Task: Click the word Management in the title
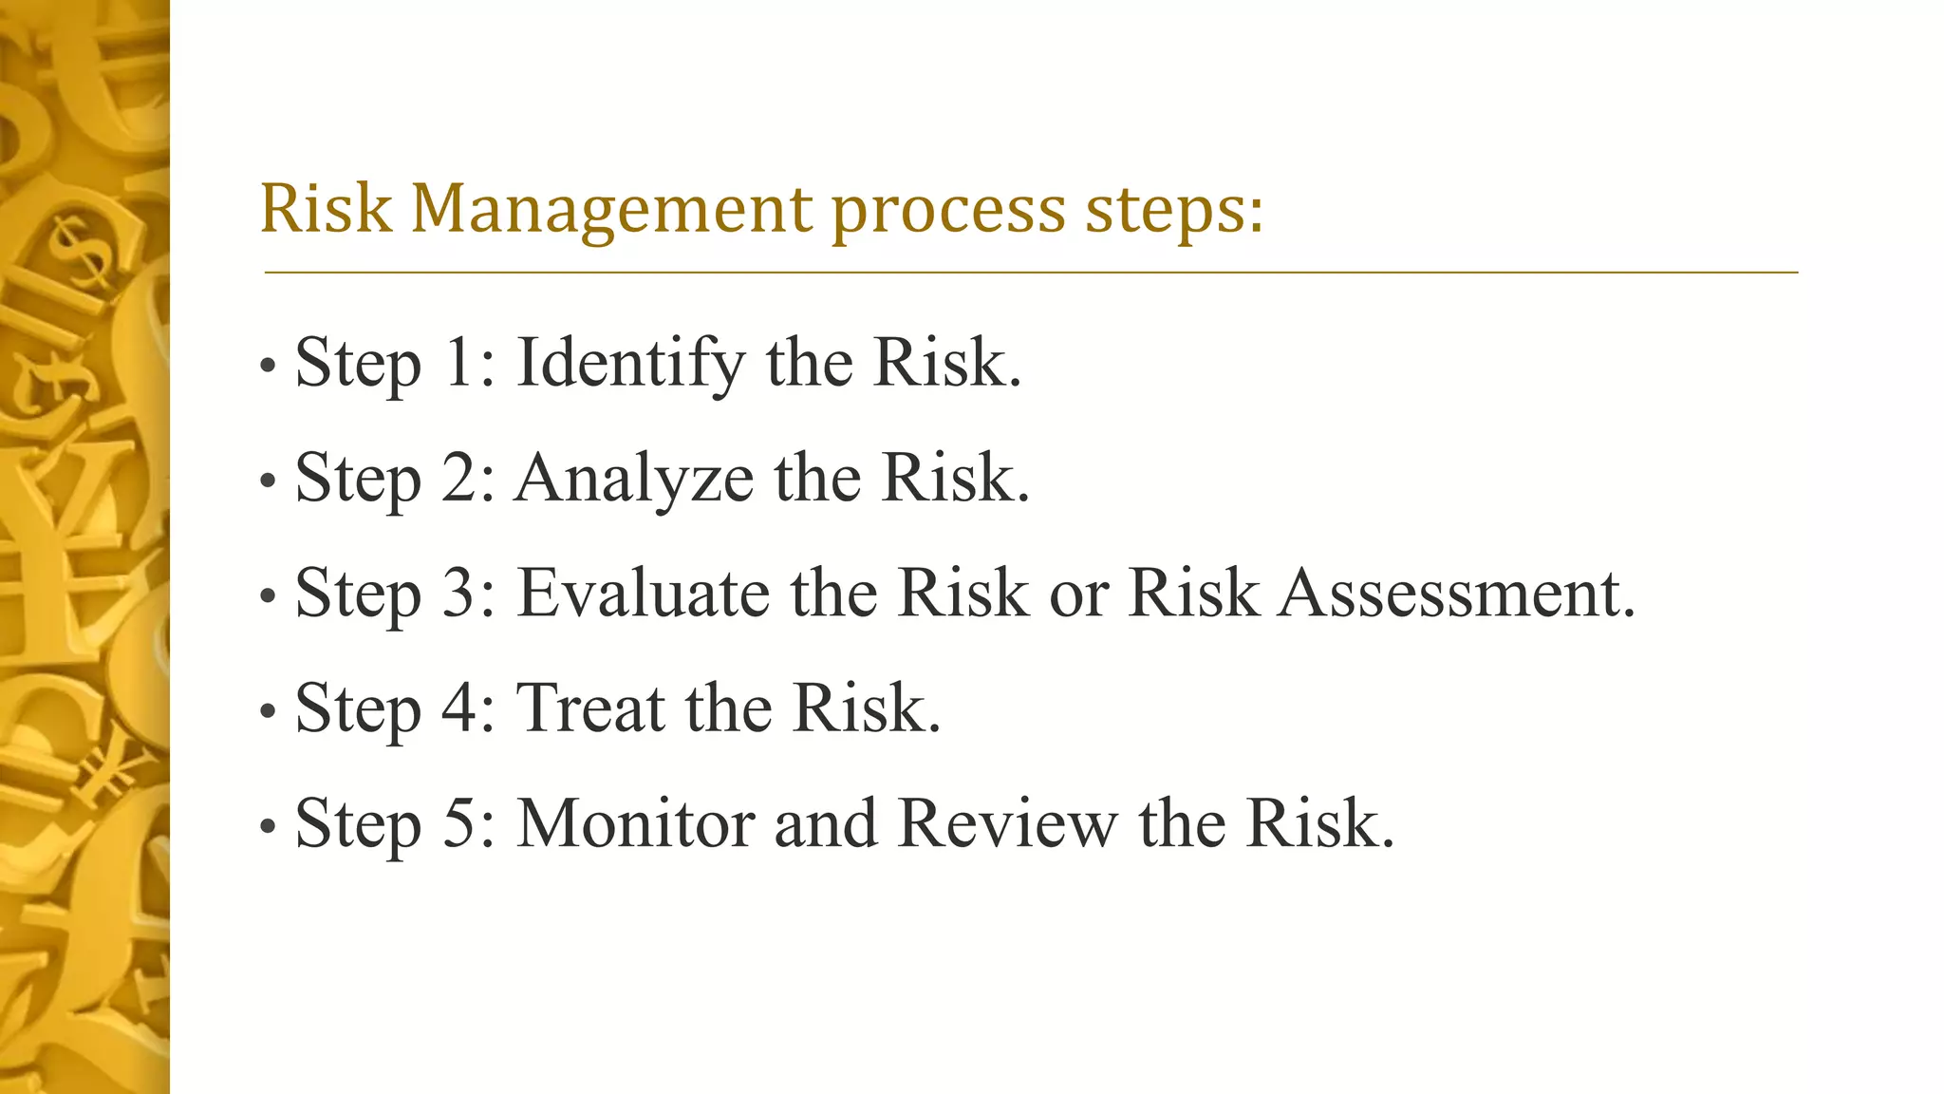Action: [x=611, y=210]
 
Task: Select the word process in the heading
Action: [x=948, y=210]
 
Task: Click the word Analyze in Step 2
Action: [x=634, y=479]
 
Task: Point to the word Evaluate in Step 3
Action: [x=643, y=594]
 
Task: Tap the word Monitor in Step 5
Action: [x=635, y=823]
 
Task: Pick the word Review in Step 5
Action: [x=1007, y=823]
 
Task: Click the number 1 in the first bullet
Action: [x=459, y=364]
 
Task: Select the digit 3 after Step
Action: [x=459, y=594]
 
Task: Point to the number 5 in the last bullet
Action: [x=459, y=823]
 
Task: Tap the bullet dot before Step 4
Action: [x=268, y=711]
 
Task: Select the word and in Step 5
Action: [x=825, y=823]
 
